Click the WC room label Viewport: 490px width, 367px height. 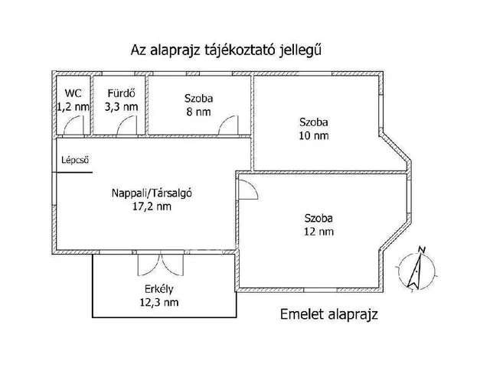[x=73, y=93]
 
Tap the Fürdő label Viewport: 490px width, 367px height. [x=121, y=93]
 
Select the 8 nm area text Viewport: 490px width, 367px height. [x=198, y=112]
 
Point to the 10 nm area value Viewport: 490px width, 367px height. [x=314, y=136]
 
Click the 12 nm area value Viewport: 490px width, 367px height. [x=318, y=232]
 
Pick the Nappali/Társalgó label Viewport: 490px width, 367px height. [x=152, y=193]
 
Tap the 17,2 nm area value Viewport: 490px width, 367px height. [x=152, y=206]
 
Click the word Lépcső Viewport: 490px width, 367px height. [x=75, y=160]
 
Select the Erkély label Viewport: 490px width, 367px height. [x=159, y=289]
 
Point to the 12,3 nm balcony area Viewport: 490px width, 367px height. [x=159, y=303]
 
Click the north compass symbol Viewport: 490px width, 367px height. [x=416, y=270]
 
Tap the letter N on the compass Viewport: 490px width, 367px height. [x=422, y=250]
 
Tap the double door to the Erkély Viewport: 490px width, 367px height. [x=160, y=265]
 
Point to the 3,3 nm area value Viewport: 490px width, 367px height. [x=121, y=107]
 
